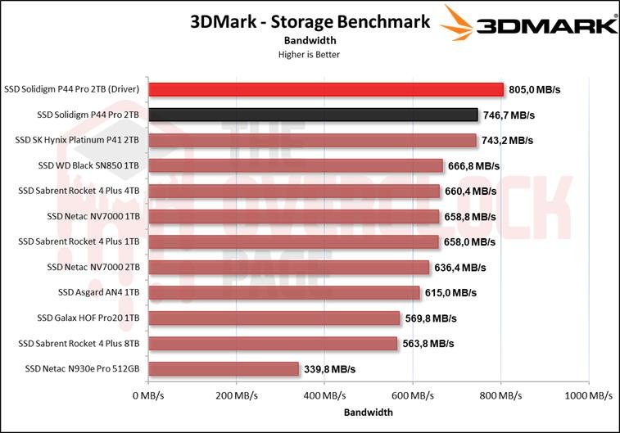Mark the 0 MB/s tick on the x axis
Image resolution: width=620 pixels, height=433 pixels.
click(x=148, y=395)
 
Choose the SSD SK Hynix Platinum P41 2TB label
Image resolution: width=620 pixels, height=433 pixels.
click(x=77, y=141)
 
